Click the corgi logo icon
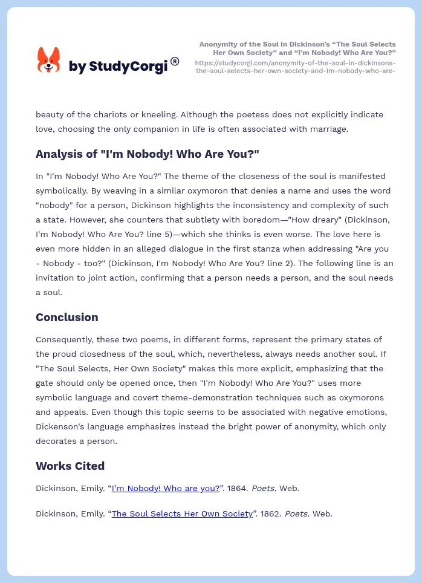point(49,60)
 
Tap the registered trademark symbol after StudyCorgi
point(175,61)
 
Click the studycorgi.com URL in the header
point(295,67)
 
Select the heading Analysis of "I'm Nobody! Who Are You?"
point(147,154)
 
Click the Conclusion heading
point(67,317)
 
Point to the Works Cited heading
point(70,466)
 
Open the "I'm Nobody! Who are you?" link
point(166,488)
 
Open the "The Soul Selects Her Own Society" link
point(182,513)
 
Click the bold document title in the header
point(297,48)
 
